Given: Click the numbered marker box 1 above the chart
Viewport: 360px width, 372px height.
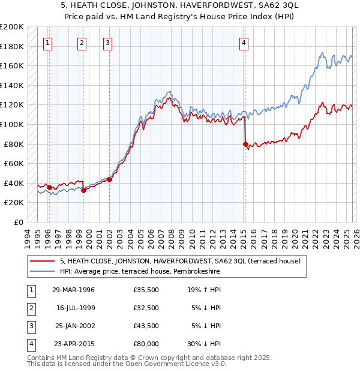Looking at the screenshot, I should (47, 43).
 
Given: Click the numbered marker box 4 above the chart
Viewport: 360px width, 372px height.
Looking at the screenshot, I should (244, 43).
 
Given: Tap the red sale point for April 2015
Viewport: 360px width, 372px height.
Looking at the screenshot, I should (245, 144).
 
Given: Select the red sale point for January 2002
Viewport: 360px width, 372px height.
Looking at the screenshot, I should (109, 179).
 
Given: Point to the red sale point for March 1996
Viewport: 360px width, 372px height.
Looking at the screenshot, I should (49, 187).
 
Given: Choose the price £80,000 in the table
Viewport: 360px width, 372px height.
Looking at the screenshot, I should (146, 344).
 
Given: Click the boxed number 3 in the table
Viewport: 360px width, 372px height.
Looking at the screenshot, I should (30, 326).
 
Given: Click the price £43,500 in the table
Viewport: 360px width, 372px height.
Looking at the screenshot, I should (146, 326).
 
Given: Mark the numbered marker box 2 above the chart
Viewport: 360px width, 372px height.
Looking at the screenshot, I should (82, 43).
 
